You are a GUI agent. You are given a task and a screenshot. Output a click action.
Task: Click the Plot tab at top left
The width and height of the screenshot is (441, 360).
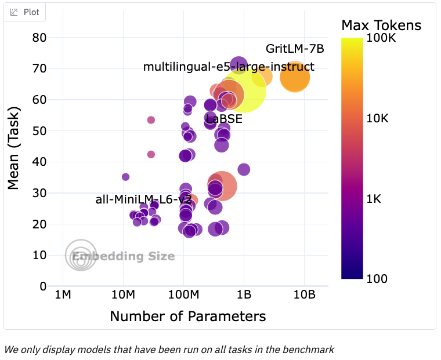(x=25, y=12)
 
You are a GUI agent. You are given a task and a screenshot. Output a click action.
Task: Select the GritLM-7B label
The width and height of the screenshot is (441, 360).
(x=295, y=49)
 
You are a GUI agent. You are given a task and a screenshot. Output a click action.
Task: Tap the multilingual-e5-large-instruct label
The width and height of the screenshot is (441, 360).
(x=229, y=67)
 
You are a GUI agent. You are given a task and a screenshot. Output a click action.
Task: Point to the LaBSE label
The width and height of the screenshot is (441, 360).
(x=224, y=119)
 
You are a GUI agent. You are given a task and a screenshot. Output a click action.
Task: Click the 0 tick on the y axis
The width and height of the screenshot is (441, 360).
(x=42, y=286)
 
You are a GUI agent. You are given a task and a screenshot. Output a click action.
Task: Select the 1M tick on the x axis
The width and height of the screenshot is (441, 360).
(x=63, y=296)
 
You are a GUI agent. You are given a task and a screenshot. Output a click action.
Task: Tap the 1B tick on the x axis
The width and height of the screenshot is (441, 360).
(x=244, y=296)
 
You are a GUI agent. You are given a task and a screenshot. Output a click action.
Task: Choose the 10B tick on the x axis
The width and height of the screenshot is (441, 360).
(x=304, y=296)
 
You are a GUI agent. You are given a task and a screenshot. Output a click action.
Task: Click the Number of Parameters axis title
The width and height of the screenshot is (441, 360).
(x=187, y=316)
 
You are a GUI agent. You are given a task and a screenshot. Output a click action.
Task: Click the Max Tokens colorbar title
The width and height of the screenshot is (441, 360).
(x=381, y=25)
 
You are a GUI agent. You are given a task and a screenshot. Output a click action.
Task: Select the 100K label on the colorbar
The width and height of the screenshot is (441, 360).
(x=381, y=38)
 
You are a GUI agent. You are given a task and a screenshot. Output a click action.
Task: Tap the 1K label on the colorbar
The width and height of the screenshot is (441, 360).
(x=375, y=199)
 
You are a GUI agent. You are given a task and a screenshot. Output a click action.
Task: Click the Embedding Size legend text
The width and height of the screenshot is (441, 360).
(x=123, y=256)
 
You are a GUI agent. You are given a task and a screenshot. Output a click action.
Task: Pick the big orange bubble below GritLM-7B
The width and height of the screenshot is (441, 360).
(x=295, y=77)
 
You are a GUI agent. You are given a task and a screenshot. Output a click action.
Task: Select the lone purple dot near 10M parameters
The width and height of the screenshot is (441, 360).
(x=125, y=177)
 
